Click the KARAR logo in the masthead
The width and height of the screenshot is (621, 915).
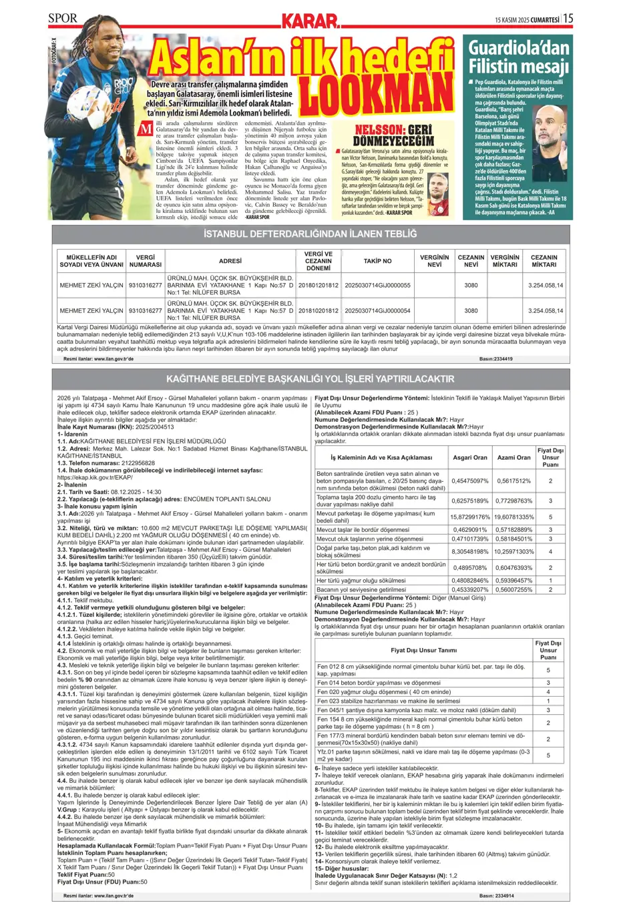310,21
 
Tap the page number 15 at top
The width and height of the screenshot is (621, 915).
568,18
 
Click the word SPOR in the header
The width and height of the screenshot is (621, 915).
63,18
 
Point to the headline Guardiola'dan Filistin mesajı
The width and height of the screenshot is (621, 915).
518,56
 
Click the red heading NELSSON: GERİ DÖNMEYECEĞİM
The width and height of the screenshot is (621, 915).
393,135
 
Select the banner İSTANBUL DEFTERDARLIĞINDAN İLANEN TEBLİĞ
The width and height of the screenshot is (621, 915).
310,234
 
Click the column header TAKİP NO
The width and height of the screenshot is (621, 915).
377,261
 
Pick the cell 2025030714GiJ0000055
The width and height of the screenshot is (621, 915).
377,285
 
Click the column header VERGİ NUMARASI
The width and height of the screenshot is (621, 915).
146,261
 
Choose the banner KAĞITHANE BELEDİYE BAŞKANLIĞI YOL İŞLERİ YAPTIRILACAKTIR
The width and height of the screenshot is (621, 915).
310,378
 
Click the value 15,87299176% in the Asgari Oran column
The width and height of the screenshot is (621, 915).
469,517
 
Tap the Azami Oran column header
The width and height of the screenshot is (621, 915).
514,457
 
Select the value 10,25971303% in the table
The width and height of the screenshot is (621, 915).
514,551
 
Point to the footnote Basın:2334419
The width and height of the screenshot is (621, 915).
496,358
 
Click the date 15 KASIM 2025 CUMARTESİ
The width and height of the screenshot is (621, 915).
527,20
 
